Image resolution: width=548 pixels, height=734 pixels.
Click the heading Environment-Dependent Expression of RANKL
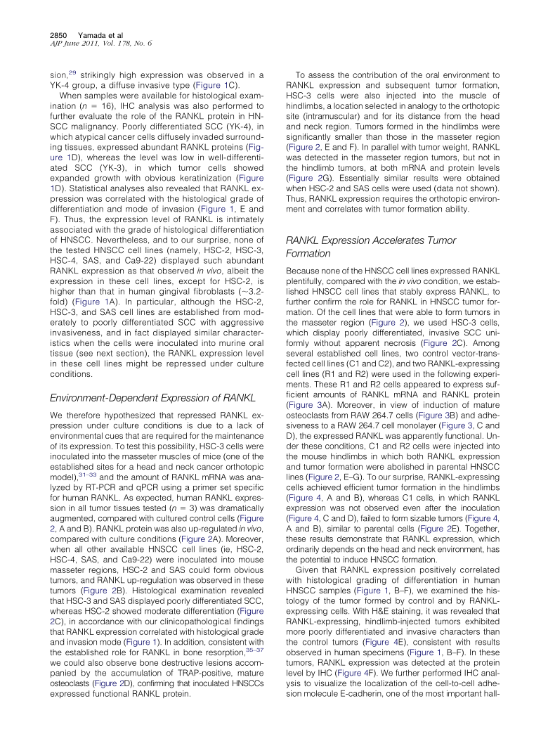pos(152,398)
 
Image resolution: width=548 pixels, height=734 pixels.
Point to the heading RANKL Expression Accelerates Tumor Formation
pos(370,246)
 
